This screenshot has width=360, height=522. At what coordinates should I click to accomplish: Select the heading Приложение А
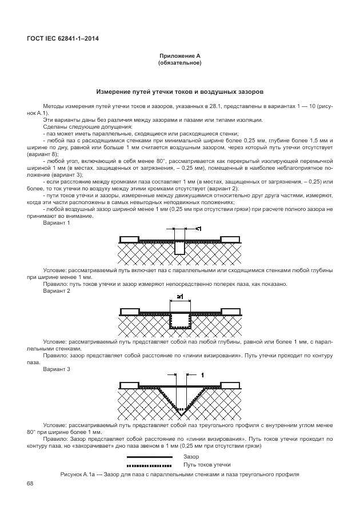click(179, 56)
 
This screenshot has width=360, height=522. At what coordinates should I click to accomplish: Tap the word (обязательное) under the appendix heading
click(179, 63)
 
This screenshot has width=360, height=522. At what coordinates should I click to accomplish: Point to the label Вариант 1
click(56, 223)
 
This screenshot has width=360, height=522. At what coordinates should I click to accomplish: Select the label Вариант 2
click(56, 291)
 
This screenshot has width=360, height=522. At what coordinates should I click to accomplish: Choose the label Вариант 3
click(56, 369)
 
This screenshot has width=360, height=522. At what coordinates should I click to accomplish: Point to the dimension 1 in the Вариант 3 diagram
click(202, 374)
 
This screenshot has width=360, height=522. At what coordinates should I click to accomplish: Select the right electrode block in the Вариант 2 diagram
click(230, 311)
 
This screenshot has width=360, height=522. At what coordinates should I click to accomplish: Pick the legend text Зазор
click(191, 457)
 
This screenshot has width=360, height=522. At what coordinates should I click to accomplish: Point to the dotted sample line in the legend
click(150, 466)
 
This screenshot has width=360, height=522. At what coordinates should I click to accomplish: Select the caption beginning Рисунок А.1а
click(179, 475)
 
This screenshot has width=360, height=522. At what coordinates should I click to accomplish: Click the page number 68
click(30, 485)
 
